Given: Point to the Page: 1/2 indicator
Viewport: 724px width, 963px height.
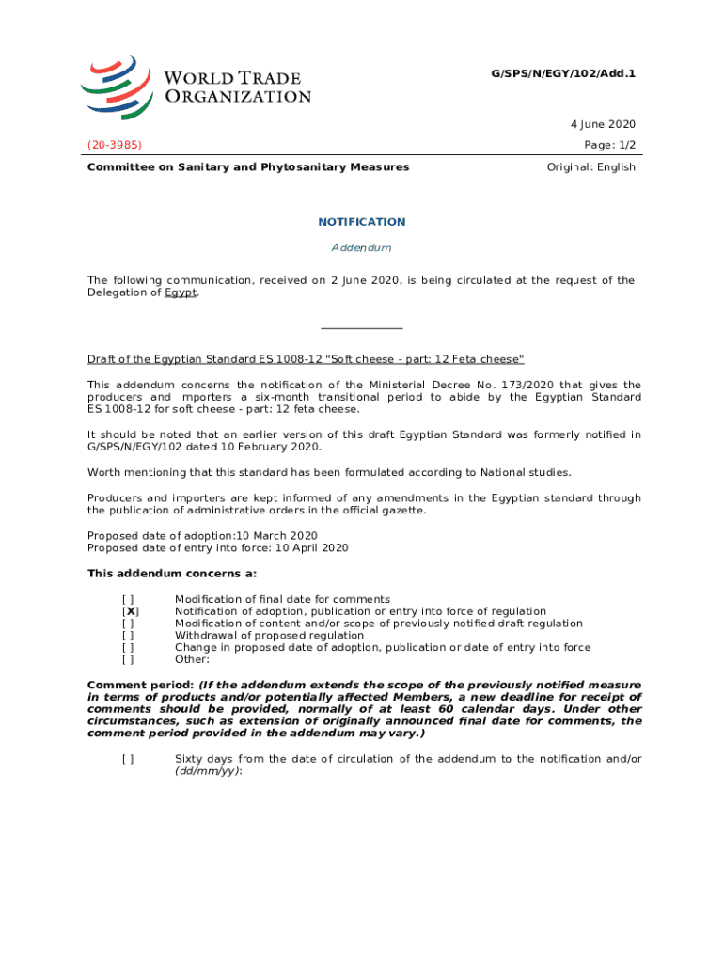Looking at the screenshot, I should (x=609, y=145).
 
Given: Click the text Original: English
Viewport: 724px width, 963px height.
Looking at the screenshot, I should (x=590, y=167).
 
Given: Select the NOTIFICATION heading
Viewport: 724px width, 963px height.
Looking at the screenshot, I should (x=362, y=222).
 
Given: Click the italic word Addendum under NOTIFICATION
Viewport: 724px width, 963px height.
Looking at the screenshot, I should (x=362, y=247).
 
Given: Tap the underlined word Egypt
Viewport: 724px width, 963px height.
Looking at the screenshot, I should (x=181, y=292).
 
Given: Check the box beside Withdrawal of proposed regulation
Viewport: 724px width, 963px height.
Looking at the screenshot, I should (x=128, y=635).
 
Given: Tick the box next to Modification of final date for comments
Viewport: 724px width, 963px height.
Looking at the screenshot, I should (x=128, y=599).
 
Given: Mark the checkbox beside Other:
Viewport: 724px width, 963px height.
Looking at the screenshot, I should (x=128, y=659).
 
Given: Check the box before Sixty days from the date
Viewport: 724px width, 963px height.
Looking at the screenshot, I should (x=128, y=759).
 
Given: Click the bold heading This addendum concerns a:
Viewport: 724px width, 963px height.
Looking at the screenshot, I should (x=172, y=574).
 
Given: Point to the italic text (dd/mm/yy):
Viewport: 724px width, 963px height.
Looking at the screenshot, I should (x=209, y=771).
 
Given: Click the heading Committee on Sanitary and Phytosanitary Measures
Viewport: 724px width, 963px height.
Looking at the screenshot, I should (x=248, y=167).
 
